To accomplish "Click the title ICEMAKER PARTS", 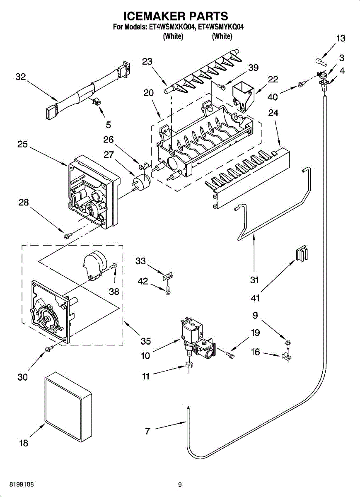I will click(176, 16).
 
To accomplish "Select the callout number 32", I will click(21, 77).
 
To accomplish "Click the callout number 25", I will click(23, 145).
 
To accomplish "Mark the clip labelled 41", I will click(302, 253).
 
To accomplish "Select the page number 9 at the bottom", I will click(180, 484).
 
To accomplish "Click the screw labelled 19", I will click(230, 355).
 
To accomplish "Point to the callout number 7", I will click(147, 431).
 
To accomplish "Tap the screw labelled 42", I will click(168, 292).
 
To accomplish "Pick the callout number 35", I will click(146, 341).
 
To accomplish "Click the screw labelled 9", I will click(288, 342).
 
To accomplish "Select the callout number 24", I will click(273, 124).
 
